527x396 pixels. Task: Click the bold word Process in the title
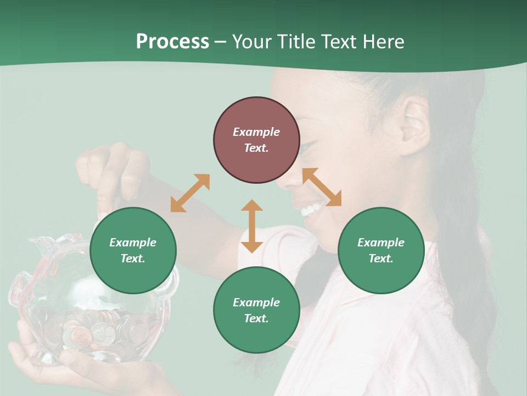[x=172, y=42]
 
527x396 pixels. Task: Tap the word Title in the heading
[x=296, y=42]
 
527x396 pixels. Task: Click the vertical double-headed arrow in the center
[x=252, y=226]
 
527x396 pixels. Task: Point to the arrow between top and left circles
[x=190, y=193]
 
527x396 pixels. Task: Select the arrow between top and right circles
[x=322, y=187]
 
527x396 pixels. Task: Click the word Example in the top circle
[x=256, y=132]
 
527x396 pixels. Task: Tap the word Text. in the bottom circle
[x=256, y=318]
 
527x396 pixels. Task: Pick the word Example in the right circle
[x=381, y=243]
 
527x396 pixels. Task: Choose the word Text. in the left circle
[x=133, y=258]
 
